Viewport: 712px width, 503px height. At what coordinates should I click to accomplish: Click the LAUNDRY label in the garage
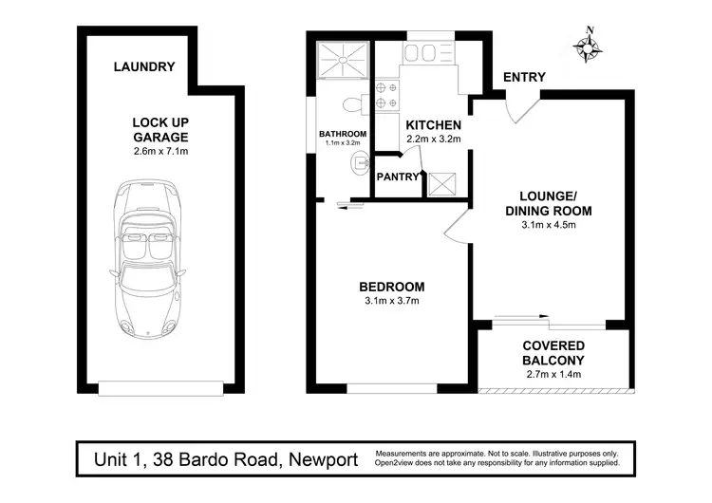144,66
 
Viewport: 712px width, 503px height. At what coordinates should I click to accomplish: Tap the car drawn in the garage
147,258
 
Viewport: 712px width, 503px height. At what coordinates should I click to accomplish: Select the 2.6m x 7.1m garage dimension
160,151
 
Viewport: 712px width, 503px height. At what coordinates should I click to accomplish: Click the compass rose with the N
588,46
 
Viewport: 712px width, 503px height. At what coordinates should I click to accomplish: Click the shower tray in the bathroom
343,60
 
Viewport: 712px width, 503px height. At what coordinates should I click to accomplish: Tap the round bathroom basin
360,162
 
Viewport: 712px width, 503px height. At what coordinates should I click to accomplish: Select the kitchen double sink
422,53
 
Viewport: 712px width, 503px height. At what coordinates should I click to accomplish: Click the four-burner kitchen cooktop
387,94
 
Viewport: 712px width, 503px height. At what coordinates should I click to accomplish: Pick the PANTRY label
398,177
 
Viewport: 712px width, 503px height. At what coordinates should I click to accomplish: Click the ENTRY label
524,77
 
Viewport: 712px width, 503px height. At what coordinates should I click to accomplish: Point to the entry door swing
521,109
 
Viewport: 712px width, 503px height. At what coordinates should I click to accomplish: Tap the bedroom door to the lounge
457,225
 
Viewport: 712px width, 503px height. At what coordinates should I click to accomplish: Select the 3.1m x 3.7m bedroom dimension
391,301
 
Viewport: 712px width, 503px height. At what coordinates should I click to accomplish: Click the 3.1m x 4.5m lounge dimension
549,225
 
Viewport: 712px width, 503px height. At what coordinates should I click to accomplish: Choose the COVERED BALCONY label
553,353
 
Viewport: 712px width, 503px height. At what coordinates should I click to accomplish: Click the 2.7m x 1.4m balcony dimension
553,375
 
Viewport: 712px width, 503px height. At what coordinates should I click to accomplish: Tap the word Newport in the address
324,459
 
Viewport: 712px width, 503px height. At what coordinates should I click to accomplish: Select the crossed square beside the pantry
441,184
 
